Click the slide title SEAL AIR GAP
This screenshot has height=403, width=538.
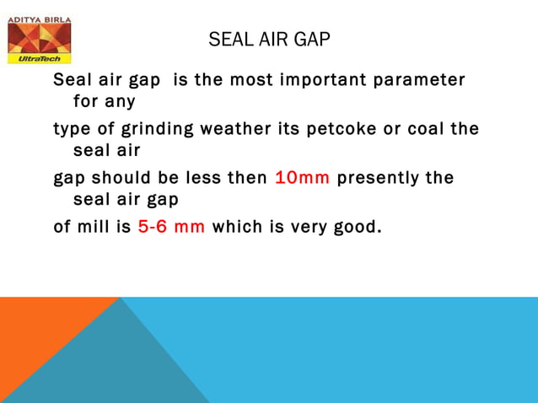point(269,40)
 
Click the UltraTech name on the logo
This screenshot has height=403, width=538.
point(39,59)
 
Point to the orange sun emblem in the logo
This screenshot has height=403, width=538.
point(39,37)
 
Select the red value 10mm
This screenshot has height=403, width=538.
point(302,178)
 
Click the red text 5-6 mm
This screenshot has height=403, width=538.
point(171,227)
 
